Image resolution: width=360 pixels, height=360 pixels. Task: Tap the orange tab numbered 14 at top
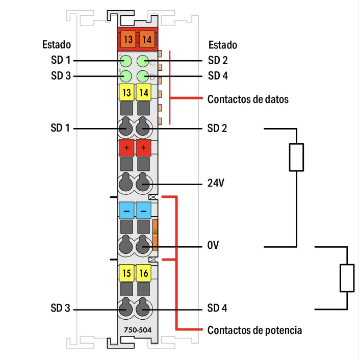coord(146,38)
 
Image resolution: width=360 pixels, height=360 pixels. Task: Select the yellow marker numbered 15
coord(126,273)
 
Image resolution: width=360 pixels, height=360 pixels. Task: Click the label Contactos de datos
coord(248,99)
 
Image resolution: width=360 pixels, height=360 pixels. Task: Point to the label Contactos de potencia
coord(254,330)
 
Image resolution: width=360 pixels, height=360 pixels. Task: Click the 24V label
coord(216,183)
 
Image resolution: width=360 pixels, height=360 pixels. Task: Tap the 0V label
coord(213,246)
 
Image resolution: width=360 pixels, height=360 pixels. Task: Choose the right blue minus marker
coord(144,210)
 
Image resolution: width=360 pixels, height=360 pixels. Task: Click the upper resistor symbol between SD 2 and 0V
coord(296,157)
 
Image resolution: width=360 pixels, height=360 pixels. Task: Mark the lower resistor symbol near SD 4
coord(347,278)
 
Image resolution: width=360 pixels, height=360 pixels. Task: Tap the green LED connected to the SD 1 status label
coord(126,62)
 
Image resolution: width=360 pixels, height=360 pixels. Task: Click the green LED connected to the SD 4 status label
coord(143,76)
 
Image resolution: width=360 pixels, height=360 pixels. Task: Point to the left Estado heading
coord(56,45)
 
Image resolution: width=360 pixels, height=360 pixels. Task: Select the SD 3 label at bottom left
coord(61,308)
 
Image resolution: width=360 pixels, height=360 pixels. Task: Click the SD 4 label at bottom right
coord(218,308)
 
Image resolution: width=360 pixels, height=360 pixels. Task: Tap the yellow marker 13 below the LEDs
coord(126,92)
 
